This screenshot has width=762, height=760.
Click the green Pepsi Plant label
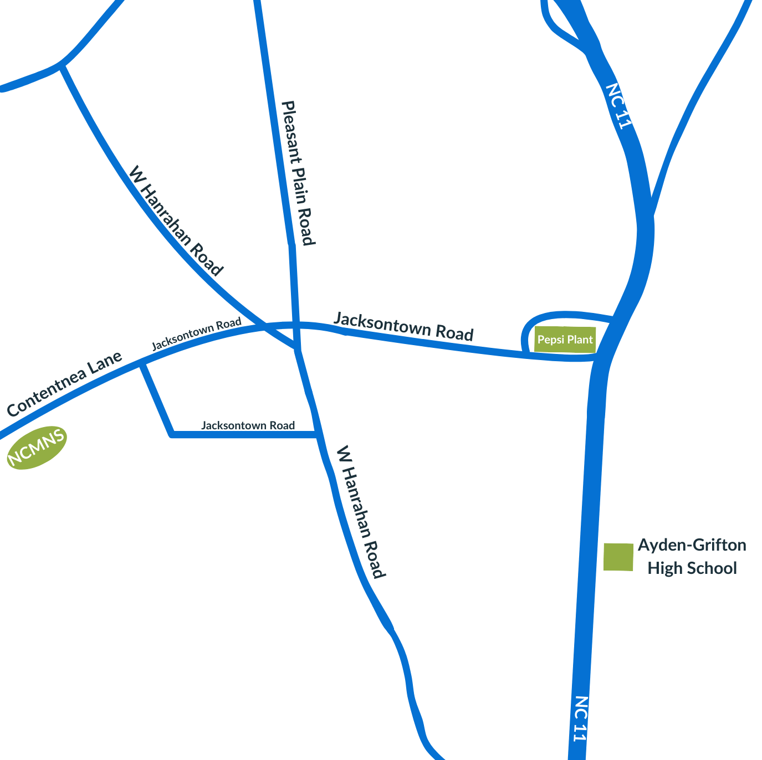[x=565, y=340]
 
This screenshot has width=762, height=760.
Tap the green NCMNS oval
[x=37, y=448]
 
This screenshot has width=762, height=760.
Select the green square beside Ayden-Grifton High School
[x=618, y=557]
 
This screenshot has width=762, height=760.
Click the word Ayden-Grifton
[x=692, y=546]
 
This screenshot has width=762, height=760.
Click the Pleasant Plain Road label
[x=298, y=173]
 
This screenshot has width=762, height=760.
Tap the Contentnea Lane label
[x=64, y=384]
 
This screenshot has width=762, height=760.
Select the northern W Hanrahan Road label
[x=175, y=221]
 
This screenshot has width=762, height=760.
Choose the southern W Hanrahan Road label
[x=361, y=512]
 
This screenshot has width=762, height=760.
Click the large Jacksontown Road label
[x=403, y=327]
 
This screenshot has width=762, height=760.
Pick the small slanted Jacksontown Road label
[x=197, y=333]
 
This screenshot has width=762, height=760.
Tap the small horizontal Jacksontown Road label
[x=248, y=425]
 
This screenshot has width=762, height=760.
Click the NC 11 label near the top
[x=619, y=106]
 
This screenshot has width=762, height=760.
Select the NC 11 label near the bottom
[x=580, y=718]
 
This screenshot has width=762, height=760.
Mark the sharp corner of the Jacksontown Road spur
[x=172, y=434]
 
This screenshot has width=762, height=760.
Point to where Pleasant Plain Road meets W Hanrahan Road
[x=298, y=349]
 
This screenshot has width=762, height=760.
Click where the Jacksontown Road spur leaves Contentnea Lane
[x=142, y=363]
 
